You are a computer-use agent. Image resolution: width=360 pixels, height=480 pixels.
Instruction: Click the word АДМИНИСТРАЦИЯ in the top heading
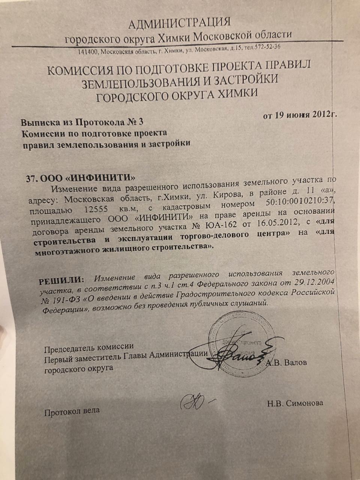pyautogui.click(x=179, y=23)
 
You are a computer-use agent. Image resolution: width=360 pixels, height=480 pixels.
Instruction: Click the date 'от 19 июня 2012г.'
pyautogui.click(x=300, y=115)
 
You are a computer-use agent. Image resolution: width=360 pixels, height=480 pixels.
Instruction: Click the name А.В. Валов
pyautogui.click(x=287, y=363)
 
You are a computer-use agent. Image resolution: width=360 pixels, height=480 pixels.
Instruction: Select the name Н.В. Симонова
pyautogui.click(x=295, y=403)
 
